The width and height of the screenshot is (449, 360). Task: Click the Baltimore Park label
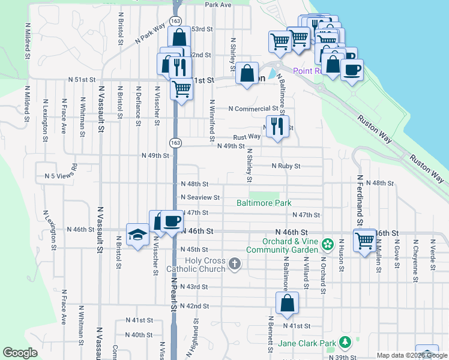(x=264, y=203)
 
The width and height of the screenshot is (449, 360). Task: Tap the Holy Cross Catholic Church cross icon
(x=234, y=263)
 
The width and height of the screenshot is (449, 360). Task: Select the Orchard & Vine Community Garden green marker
(x=327, y=244)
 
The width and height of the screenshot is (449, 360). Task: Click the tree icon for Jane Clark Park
(x=345, y=342)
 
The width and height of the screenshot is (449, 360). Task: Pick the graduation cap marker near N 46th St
(x=137, y=235)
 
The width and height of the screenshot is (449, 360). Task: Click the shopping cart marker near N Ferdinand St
(x=365, y=241)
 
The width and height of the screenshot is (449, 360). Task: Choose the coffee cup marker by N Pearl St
(x=172, y=221)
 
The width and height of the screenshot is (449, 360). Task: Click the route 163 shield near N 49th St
(x=175, y=143)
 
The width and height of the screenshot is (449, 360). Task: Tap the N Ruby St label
(x=285, y=166)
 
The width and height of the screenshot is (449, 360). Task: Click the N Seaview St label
(x=200, y=197)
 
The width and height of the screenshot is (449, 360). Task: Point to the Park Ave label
(x=218, y=4)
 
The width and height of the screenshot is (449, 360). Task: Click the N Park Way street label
(x=150, y=34)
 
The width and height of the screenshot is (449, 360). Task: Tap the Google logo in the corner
(x=20, y=353)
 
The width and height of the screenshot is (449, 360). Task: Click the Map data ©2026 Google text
(x=411, y=355)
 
